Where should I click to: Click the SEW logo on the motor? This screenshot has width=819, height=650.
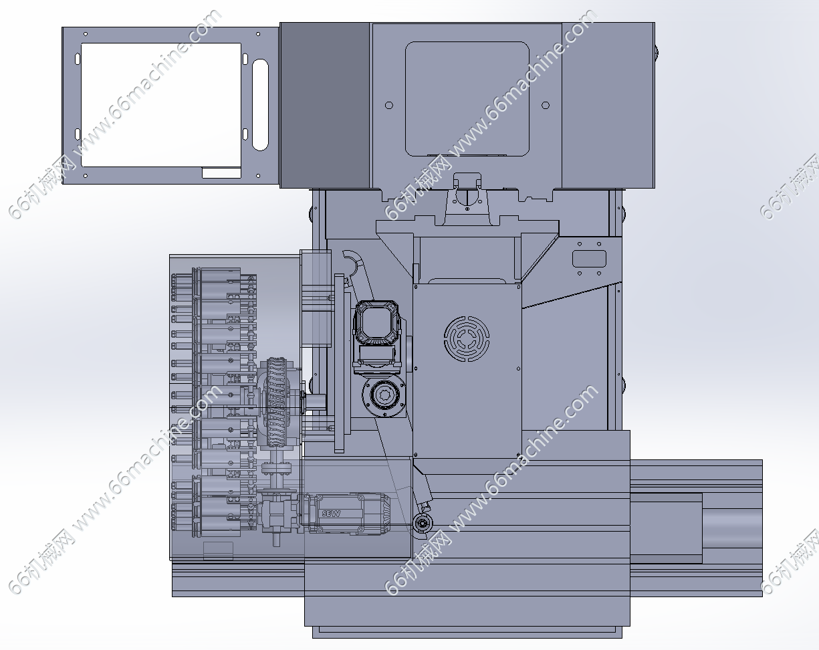click(x=331, y=513)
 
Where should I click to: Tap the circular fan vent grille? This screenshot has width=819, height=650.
click(x=467, y=338)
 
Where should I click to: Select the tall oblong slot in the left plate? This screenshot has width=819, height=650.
click(x=260, y=105)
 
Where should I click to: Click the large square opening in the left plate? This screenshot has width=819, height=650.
click(x=161, y=105)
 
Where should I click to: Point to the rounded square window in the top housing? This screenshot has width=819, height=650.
click(x=467, y=99)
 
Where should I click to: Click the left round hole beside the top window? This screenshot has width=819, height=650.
click(x=389, y=105)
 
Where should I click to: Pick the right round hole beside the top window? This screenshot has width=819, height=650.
click(x=546, y=105)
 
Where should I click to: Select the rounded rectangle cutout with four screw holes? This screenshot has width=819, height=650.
click(x=589, y=259)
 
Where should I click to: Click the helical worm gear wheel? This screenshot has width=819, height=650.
click(x=277, y=402)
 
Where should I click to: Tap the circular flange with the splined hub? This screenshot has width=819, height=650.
click(x=384, y=397)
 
